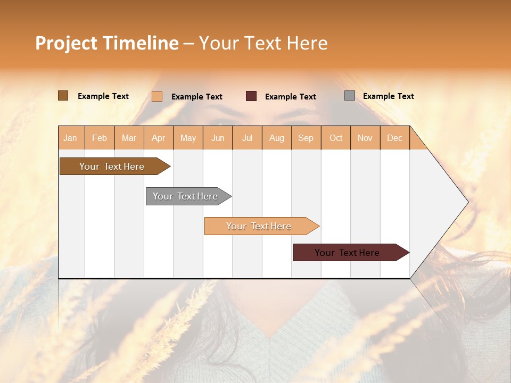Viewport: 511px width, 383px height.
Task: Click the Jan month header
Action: point(71,138)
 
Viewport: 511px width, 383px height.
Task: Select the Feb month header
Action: point(100,138)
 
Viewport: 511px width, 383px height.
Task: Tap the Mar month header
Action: point(129,138)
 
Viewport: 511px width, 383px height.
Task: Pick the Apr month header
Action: point(159,138)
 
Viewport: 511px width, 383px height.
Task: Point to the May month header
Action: point(188,138)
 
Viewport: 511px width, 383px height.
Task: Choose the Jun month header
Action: point(218,138)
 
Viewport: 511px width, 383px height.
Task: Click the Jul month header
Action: point(247,138)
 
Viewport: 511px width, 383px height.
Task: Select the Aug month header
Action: point(277,138)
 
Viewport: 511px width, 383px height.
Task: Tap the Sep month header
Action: point(306,138)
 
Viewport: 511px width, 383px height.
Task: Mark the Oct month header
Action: point(336,138)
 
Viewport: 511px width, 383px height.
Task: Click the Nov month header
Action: point(365,138)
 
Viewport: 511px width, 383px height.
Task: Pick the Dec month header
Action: point(394,138)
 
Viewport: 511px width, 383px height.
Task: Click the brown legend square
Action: point(63,96)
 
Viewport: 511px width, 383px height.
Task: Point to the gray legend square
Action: point(350,96)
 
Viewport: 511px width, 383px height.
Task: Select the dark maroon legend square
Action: point(251,96)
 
